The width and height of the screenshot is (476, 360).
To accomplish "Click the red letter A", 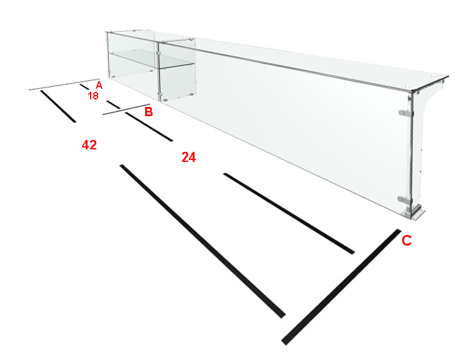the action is point(99,85).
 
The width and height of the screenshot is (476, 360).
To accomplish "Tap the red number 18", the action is point(93,96).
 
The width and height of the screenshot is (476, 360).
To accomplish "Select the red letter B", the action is point(148,112).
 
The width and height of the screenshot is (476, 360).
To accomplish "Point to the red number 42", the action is point(89,145).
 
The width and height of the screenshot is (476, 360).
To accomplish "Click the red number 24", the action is point(189,157).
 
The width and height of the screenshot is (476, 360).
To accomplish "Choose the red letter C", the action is point(407,240).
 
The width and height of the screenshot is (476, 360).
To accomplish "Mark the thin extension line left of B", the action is point(126,109).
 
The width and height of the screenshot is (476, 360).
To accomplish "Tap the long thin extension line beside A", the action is point(64,84).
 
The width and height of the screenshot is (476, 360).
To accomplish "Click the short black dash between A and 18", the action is point(84,87).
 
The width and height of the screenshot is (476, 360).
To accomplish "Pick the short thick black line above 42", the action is point(58,106).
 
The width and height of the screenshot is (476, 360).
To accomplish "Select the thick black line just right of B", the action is point(149,127).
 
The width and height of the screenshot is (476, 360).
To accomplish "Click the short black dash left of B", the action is point(114,104).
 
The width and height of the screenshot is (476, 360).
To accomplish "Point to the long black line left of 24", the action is point(203,241).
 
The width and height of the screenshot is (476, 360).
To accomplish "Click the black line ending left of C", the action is point(289,213).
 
